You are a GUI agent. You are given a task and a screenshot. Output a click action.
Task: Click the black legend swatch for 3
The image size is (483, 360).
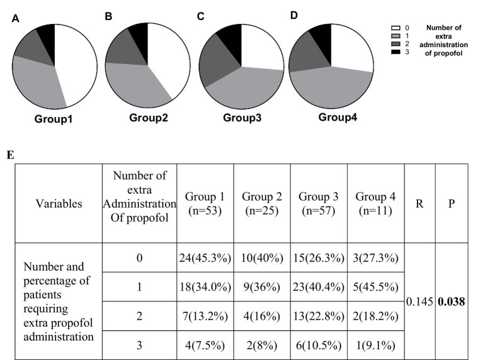(x=395, y=52)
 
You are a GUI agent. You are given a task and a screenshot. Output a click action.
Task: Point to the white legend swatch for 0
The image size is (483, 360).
(x=395, y=28)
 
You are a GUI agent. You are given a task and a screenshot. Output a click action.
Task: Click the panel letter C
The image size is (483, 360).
(x=200, y=16)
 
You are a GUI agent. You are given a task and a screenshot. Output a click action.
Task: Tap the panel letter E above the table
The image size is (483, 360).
(x=10, y=155)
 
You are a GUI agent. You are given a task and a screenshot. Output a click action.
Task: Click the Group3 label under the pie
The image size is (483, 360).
(x=242, y=118)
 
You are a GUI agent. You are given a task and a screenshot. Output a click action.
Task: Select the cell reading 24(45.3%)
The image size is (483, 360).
(x=205, y=258)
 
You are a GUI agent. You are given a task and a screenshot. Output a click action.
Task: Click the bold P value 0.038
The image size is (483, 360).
(x=452, y=302)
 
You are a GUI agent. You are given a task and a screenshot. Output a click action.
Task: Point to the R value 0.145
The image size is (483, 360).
(x=419, y=302)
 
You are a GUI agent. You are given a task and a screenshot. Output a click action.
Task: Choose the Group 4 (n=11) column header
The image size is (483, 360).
(x=375, y=203)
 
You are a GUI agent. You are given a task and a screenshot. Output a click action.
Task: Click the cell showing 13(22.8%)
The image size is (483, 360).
(x=319, y=317)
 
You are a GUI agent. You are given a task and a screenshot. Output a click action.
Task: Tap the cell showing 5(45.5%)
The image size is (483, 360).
(x=375, y=287)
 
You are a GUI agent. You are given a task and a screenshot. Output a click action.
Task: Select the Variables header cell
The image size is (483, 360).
(x=59, y=203)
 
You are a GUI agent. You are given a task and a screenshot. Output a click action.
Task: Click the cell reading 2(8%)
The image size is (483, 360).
(x=262, y=346)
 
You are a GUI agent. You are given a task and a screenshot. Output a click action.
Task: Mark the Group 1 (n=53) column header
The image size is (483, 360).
(x=205, y=203)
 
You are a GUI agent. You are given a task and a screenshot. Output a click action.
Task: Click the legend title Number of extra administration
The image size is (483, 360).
(x=443, y=40)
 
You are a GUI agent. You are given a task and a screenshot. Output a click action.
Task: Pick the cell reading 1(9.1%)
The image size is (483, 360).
(x=375, y=346)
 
